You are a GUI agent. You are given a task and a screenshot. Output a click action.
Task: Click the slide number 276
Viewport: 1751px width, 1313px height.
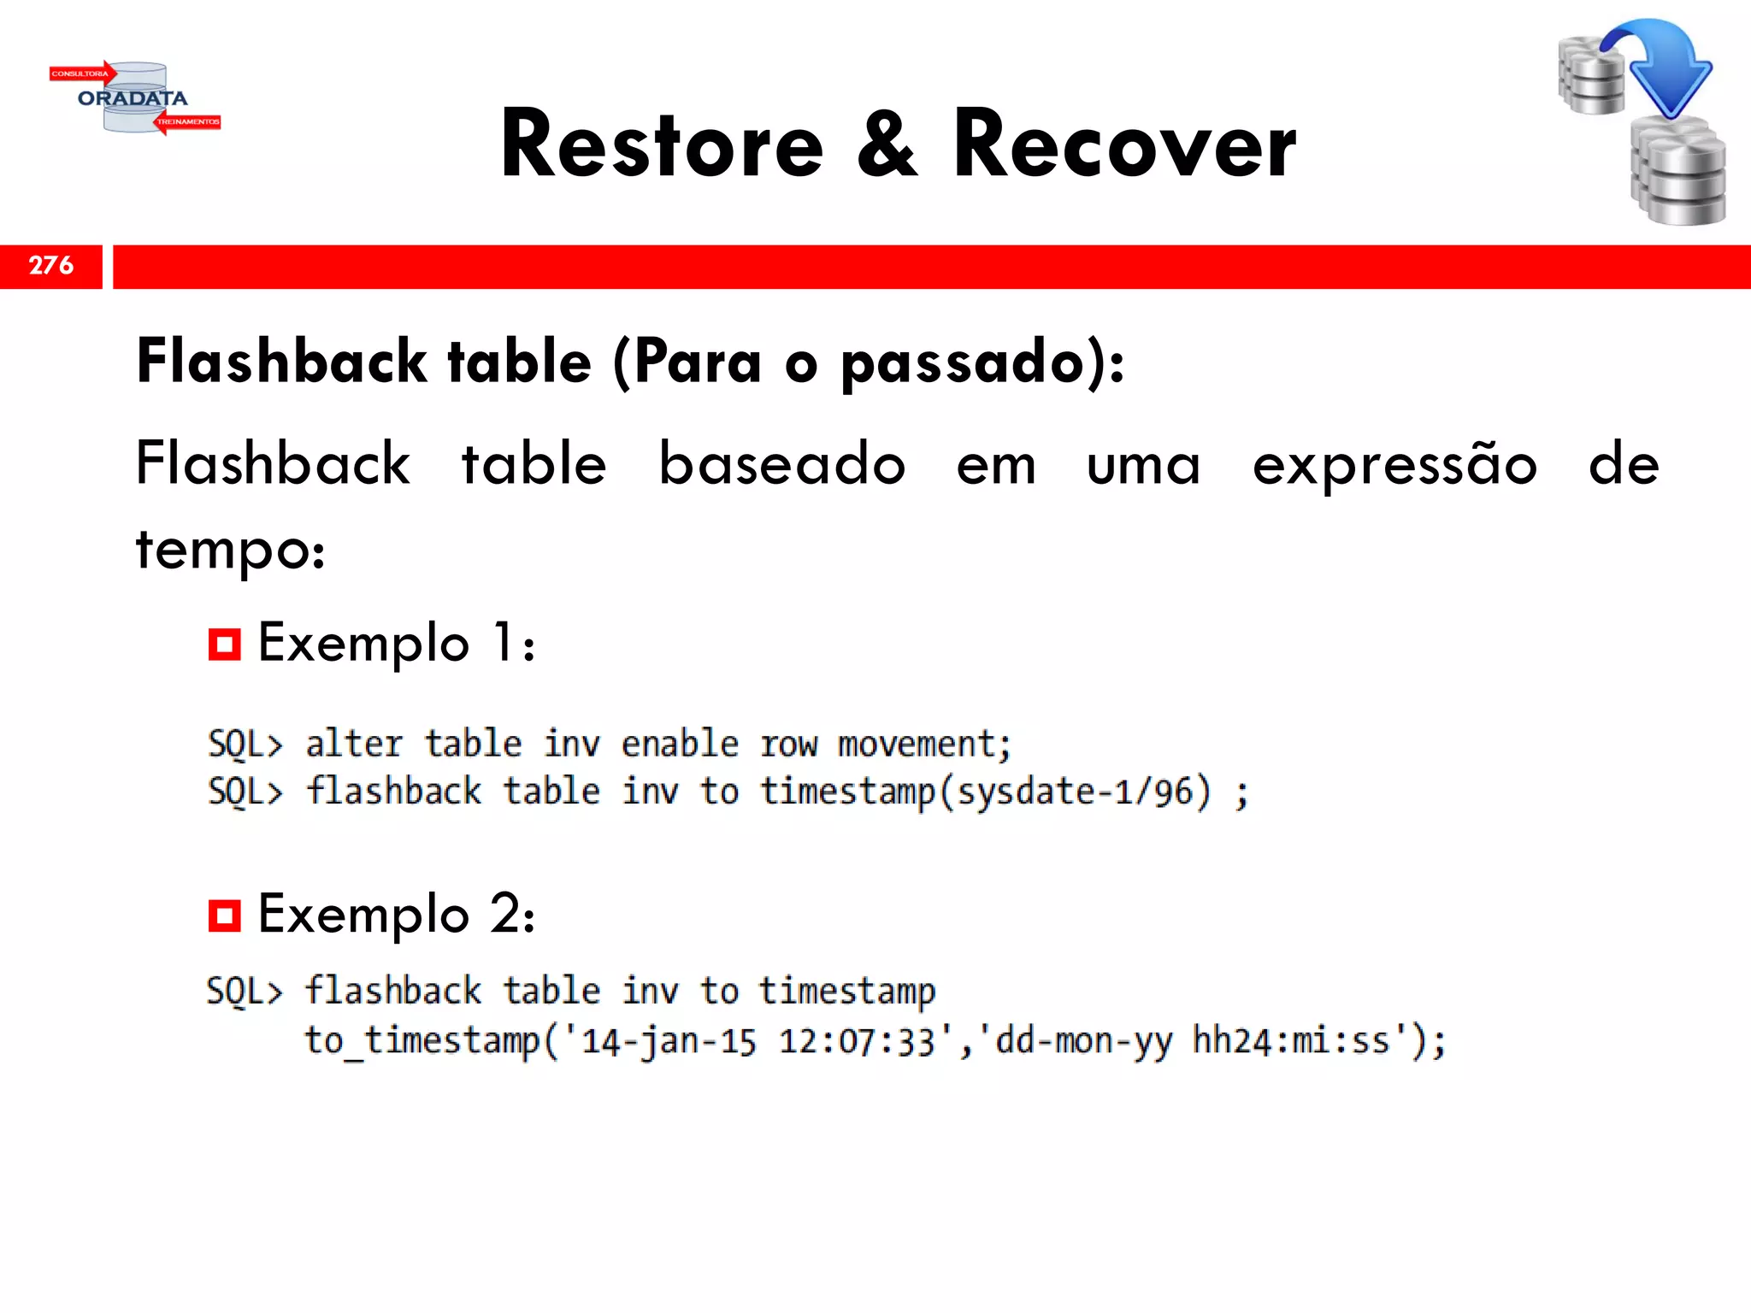[x=51, y=266]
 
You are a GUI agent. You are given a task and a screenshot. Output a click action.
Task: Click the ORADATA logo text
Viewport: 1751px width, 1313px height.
[x=133, y=98]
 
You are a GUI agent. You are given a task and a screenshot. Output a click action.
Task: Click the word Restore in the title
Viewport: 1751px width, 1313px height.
[x=662, y=145]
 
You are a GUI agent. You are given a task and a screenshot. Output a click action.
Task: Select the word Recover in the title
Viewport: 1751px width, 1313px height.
[x=1124, y=145]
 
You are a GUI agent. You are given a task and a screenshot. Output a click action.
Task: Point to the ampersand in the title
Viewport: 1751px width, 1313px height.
[x=887, y=145]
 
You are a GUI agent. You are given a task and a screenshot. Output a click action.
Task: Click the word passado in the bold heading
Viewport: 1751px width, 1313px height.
[x=963, y=362]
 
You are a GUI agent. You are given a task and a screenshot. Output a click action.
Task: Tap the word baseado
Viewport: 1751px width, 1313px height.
[x=781, y=464]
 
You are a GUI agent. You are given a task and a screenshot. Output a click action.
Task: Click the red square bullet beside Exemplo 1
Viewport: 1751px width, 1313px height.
[x=224, y=644]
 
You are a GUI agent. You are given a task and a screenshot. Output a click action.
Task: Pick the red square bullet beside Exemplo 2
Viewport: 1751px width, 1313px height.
[x=224, y=916]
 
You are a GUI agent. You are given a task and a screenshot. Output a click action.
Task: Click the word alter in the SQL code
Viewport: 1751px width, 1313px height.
[x=354, y=744]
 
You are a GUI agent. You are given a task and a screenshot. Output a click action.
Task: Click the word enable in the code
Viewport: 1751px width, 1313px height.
[x=680, y=744]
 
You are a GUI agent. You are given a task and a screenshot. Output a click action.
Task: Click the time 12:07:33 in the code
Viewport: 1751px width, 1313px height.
[x=857, y=1042]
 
